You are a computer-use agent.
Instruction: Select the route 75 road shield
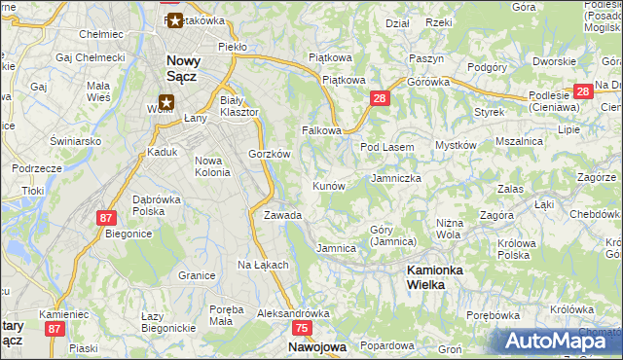point(301,329)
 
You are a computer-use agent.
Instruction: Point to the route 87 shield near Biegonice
point(107,218)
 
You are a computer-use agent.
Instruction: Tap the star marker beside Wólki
point(166,100)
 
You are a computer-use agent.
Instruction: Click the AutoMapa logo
point(557,341)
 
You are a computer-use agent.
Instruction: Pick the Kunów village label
point(328,185)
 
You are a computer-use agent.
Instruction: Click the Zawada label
point(282,215)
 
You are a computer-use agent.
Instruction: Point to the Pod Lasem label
point(387,147)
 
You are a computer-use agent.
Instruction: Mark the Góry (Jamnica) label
point(393,235)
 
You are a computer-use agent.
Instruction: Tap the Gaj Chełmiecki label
point(91,57)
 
